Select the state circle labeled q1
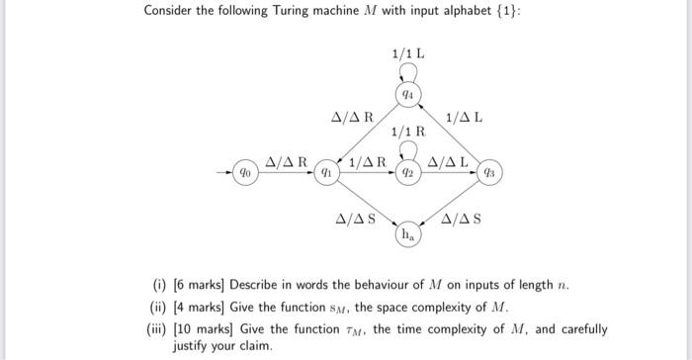(x=323, y=171)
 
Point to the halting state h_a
(x=406, y=235)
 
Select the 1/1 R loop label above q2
(x=408, y=131)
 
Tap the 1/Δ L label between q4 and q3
(x=466, y=118)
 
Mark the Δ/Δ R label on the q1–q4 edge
(x=351, y=118)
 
